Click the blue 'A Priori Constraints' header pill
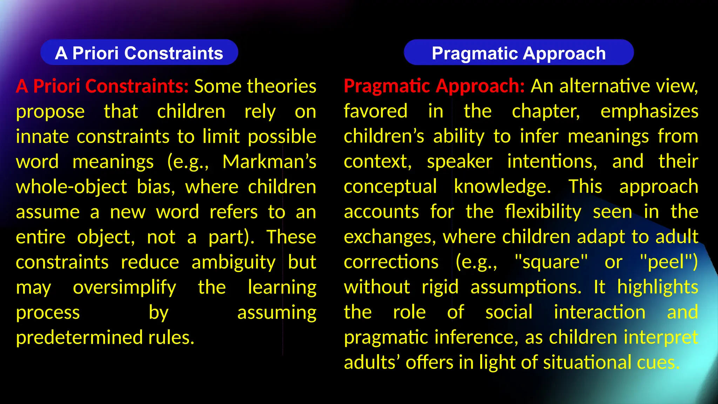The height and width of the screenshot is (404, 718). coord(139,53)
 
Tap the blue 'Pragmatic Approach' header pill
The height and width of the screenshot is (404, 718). coord(519,53)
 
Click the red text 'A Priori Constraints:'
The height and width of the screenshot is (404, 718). coord(102,86)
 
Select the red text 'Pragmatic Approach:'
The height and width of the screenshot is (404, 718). coord(434,86)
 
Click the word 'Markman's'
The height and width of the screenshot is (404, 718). coord(269,162)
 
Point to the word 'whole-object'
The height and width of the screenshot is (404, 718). coord(71,187)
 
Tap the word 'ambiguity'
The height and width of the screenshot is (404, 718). coord(233,263)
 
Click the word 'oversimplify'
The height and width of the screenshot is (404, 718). coord(124,288)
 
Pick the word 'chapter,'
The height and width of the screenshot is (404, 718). coord(546,112)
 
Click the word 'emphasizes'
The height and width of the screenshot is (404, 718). coord(649,112)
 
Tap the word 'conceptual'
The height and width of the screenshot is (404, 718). coord(390,187)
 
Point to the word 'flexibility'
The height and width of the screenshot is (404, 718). coord(543,212)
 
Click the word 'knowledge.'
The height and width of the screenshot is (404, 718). coord(502,187)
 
